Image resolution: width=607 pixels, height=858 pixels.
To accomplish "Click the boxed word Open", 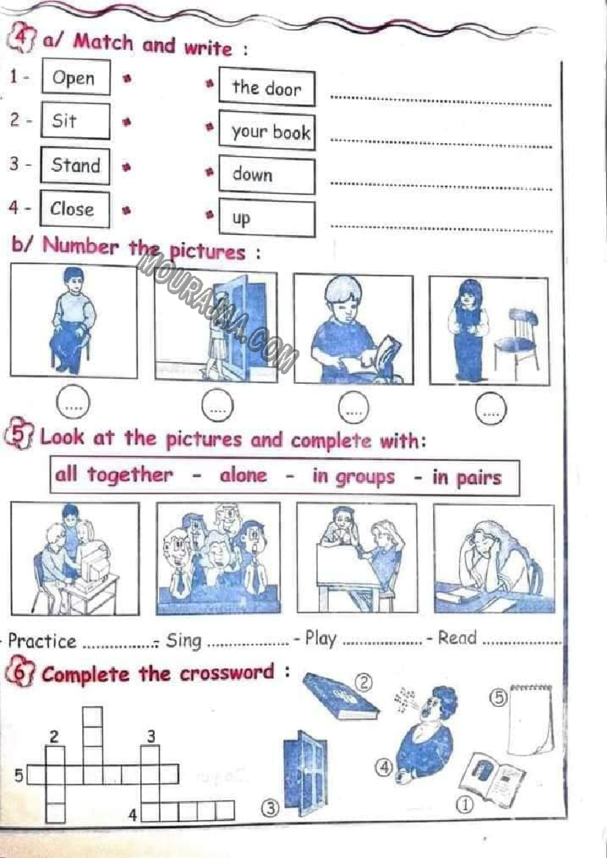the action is pyautogui.click(x=76, y=77).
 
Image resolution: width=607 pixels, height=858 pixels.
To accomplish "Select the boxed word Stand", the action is pyautogui.click(x=75, y=166).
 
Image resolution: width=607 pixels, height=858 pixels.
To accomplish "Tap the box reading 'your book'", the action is pyautogui.click(x=267, y=131).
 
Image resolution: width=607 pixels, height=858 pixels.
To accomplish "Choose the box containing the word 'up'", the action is pyautogui.click(x=267, y=218).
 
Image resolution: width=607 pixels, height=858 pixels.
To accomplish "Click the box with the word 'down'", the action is pyautogui.click(x=267, y=175).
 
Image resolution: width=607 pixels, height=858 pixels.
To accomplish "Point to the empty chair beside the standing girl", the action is pyautogui.click(x=517, y=339).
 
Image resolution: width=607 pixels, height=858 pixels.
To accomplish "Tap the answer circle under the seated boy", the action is pyautogui.click(x=73, y=402).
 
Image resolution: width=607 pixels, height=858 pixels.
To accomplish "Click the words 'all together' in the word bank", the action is pyautogui.click(x=114, y=474).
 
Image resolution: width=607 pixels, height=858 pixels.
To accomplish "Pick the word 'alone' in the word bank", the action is pyautogui.click(x=244, y=475).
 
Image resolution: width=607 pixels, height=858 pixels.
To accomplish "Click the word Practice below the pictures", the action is pyautogui.click(x=42, y=641).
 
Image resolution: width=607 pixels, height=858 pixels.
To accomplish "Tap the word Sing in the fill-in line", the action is pyautogui.click(x=184, y=640).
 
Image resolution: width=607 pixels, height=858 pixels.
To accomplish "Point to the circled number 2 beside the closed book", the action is pyautogui.click(x=363, y=682).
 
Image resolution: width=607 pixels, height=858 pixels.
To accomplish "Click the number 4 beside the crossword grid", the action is pyautogui.click(x=132, y=815).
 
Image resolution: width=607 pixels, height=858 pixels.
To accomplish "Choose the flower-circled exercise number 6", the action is pyautogui.click(x=19, y=673).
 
